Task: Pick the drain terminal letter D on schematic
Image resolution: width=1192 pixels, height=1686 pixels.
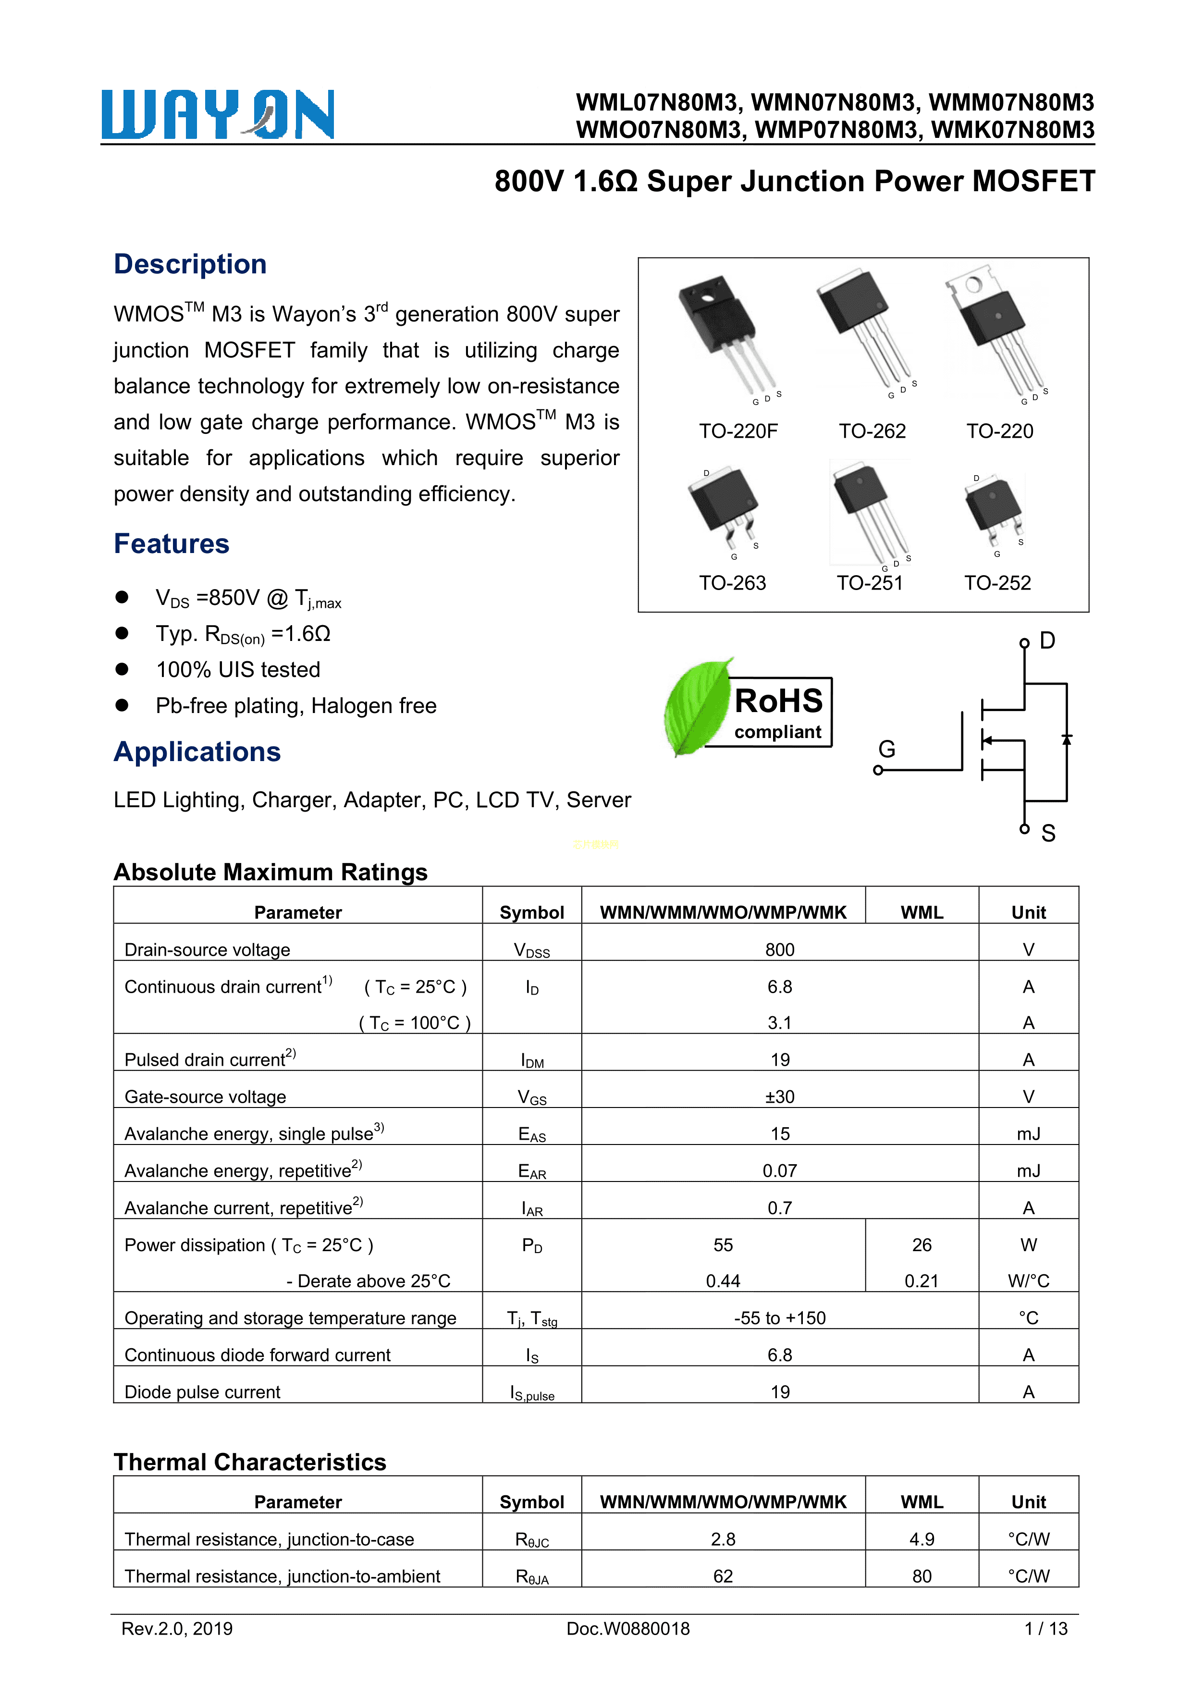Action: [1047, 641]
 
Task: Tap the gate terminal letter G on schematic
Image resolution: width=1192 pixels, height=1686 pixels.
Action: [886, 749]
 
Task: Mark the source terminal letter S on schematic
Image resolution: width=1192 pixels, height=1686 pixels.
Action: [1048, 834]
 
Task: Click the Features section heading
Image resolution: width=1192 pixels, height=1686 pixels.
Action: [171, 544]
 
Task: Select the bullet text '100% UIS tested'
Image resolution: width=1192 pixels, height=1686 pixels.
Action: [238, 670]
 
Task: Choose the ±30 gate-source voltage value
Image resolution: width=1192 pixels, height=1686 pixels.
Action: [779, 1096]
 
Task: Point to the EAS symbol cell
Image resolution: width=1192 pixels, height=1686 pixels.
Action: [532, 1134]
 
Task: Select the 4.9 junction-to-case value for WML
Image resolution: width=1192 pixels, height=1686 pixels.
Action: [921, 1539]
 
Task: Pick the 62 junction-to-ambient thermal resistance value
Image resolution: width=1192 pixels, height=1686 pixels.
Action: [723, 1576]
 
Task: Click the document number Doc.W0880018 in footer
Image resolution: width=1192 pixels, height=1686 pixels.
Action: [628, 1629]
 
